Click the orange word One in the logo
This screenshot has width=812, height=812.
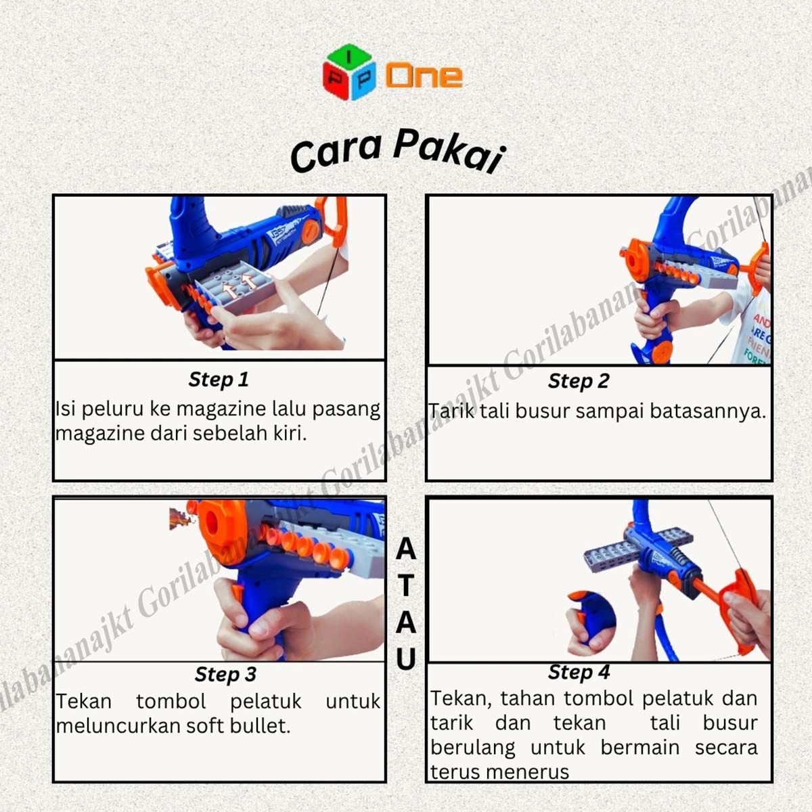click(x=424, y=76)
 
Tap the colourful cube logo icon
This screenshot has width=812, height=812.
click(x=349, y=72)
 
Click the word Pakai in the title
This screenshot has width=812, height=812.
click(x=449, y=152)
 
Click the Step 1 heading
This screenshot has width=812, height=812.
click(x=219, y=380)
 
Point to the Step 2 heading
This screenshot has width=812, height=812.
click(x=579, y=382)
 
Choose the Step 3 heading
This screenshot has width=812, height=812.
click(x=225, y=675)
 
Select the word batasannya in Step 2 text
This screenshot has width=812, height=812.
click(x=708, y=411)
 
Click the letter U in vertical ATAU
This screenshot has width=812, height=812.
click(x=406, y=658)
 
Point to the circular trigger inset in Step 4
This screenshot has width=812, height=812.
click(x=590, y=624)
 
